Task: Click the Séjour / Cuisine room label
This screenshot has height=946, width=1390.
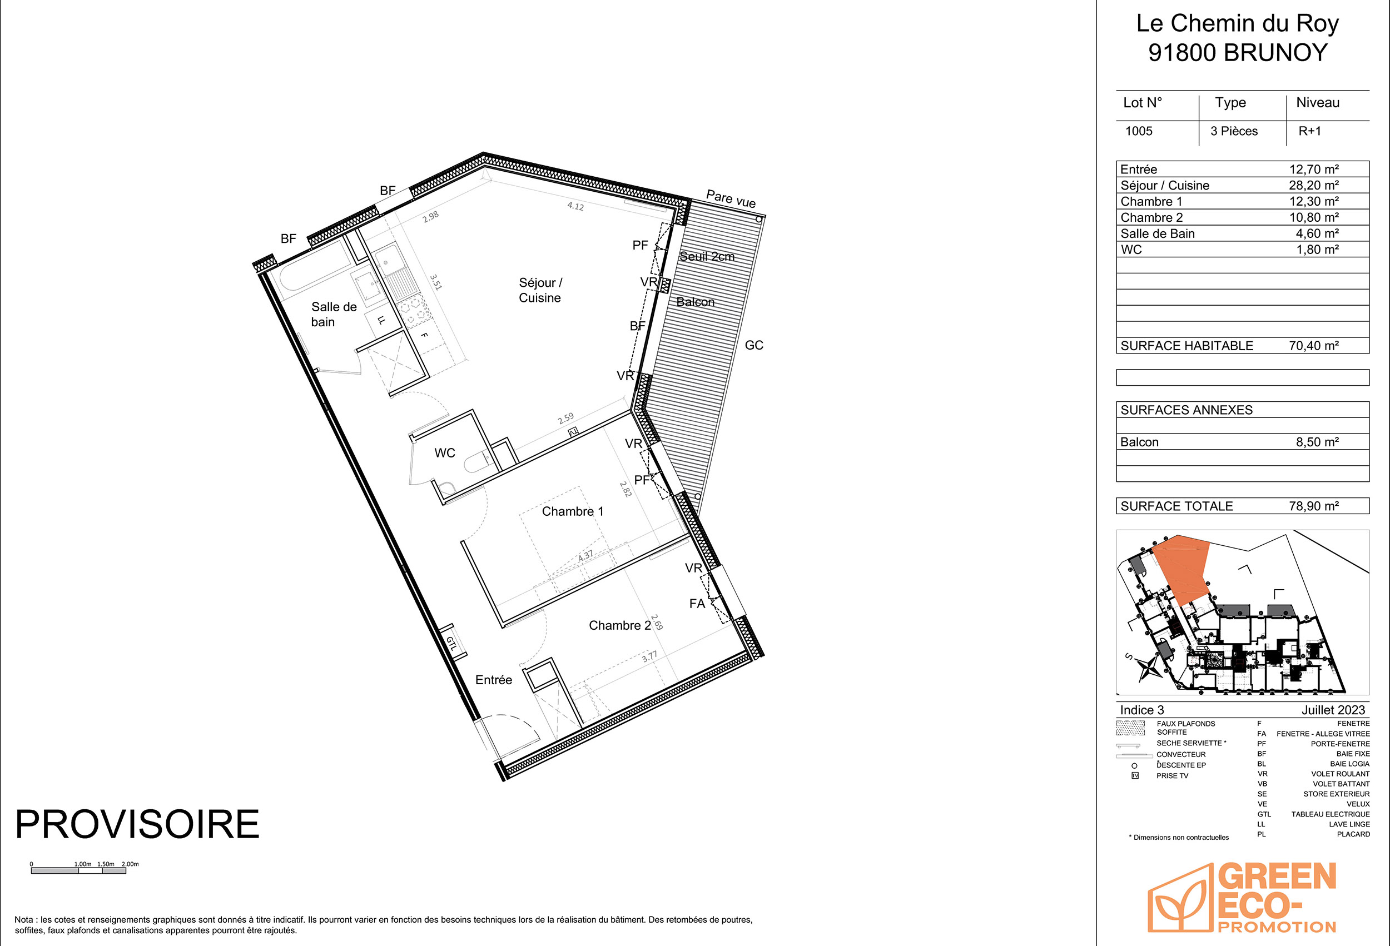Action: coord(540,290)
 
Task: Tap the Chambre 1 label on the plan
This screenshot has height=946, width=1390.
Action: coord(572,511)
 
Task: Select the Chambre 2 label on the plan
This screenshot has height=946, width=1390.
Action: coord(619,625)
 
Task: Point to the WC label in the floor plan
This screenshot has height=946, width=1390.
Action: coord(444,453)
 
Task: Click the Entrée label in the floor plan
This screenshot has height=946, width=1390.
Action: coord(493,680)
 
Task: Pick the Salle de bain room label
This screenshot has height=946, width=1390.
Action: coord(334,315)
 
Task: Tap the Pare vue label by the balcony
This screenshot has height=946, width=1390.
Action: coord(731,198)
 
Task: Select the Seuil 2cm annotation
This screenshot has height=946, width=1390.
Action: coord(707,257)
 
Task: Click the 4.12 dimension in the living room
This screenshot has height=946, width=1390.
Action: coord(575,206)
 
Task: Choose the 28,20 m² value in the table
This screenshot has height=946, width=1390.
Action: coord(1313,186)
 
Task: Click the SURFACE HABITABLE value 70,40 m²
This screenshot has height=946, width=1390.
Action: coord(1313,346)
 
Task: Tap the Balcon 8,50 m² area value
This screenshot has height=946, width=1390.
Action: coord(1317,442)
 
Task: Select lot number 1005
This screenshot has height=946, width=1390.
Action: coord(1139,131)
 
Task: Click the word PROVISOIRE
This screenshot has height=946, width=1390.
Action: coord(137,825)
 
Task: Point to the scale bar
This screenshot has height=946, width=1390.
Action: coord(78,870)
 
